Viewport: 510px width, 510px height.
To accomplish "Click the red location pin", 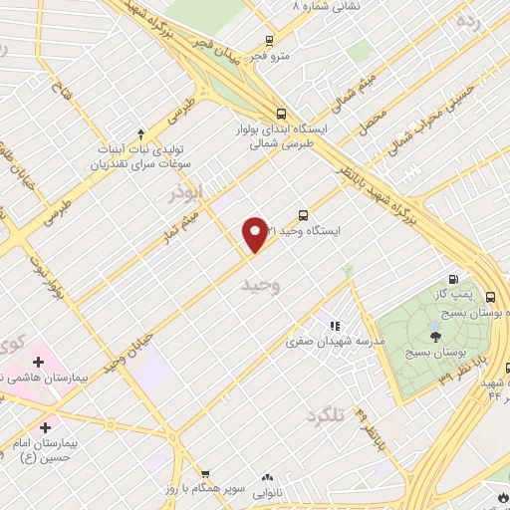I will click(x=256, y=234).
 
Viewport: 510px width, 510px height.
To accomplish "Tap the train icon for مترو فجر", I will click(x=269, y=41).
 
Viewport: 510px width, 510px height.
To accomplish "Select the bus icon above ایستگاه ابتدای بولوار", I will click(x=281, y=114).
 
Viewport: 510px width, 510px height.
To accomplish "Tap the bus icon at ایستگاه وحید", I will click(x=304, y=214).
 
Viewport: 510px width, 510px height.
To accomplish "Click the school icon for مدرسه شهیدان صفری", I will click(x=333, y=325).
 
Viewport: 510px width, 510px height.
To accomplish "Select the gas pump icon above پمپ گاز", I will click(x=454, y=280).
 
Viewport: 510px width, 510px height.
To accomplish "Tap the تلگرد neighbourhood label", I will click(x=324, y=413).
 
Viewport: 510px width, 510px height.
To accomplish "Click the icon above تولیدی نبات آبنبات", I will click(x=140, y=133).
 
